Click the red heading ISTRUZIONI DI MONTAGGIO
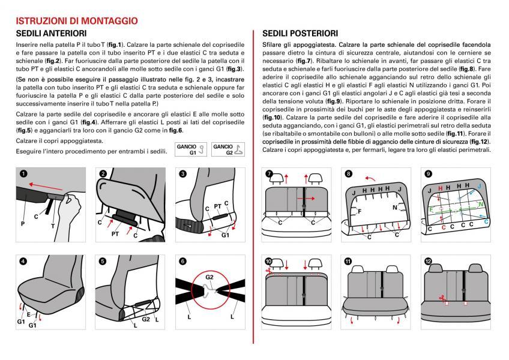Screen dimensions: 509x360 click(x=77, y=21)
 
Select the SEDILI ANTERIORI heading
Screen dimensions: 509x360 click(x=51, y=34)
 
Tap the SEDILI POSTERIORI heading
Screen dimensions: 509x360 click(x=300, y=34)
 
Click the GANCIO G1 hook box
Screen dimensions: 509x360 click(x=191, y=149)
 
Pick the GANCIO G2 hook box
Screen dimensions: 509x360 click(x=228, y=149)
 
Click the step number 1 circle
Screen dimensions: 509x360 click(x=23, y=173)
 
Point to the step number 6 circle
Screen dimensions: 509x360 click(x=182, y=261)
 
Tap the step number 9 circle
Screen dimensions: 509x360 click(x=428, y=173)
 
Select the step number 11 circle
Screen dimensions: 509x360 click(x=348, y=262)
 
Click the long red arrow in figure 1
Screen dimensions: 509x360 click(x=46, y=187)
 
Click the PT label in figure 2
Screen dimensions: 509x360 click(x=115, y=234)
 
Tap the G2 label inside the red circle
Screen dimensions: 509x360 click(x=209, y=277)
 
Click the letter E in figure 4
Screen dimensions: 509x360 click(x=29, y=314)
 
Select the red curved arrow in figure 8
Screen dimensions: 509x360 click(x=370, y=179)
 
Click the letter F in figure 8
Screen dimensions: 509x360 click(x=360, y=211)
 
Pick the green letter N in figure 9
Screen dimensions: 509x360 click(x=481, y=205)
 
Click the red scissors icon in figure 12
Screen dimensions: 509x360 click(x=442, y=298)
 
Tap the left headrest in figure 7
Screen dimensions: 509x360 click(x=277, y=178)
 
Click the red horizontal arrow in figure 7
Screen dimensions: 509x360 click(x=306, y=199)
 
